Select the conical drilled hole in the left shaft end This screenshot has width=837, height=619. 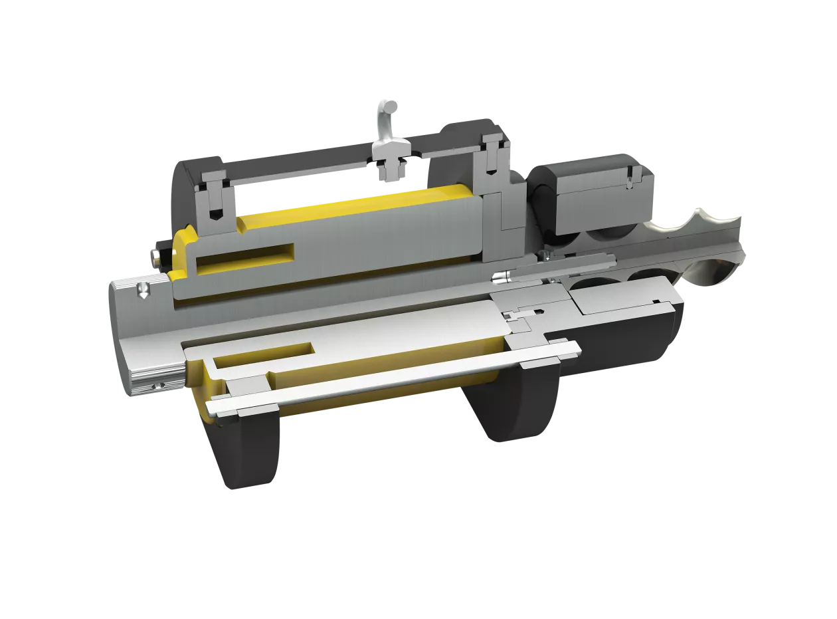142,289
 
